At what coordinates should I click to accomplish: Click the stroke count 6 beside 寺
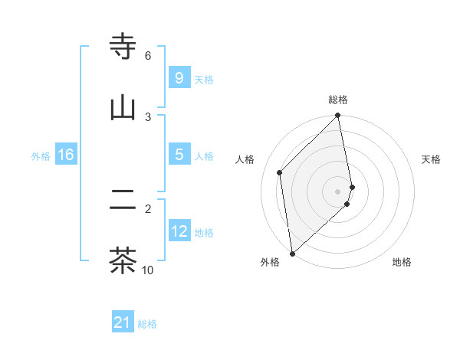[x=148, y=55]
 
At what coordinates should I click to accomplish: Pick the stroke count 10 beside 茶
[x=148, y=270]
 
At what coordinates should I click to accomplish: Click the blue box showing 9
[x=179, y=78]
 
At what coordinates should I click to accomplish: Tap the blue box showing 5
[x=179, y=155]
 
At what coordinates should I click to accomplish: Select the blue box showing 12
[x=179, y=231]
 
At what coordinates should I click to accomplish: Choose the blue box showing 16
[x=66, y=155]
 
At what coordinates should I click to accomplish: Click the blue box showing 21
[x=123, y=323]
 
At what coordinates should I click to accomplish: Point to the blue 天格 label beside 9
[x=204, y=79]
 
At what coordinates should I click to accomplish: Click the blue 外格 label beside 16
[x=41, y=155]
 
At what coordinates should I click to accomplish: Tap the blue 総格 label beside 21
[x=147, y=324]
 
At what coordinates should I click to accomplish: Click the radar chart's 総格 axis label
[x=338, y=100]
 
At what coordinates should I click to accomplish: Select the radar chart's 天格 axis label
[x=432, y=159]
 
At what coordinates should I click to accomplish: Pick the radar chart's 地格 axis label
[x=402, y=262]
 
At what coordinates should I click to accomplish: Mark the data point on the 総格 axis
[x=338, y=116]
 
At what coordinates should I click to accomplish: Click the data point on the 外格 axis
[x=291, y=253]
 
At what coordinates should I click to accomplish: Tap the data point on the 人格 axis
[x=280, y=172]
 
